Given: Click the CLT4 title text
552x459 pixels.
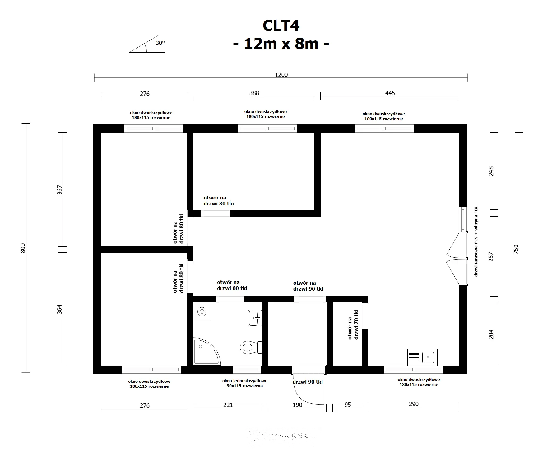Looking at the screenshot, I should [281, 26].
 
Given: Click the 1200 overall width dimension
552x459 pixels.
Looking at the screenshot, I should [281, 75].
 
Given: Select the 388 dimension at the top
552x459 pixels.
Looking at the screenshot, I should [254, 93].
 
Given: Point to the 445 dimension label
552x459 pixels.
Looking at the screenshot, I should [390, 93].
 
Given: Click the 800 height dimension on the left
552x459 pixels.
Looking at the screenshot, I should [23, 248].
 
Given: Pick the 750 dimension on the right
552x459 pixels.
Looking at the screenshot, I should [516, 249].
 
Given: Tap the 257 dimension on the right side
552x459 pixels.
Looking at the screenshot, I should [491, 257].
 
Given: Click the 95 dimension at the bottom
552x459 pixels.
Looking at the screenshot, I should [347, 405].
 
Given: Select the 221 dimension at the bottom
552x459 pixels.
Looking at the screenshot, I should [228, 405].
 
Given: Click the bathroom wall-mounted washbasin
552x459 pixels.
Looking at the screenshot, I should [255, 318].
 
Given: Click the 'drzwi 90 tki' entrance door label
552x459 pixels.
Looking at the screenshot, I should [307, 382].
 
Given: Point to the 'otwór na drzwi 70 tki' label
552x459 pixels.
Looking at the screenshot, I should [353, 325].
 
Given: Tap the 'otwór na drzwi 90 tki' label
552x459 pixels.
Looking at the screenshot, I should [308, 286].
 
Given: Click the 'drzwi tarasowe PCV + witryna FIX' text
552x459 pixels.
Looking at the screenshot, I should [476, 241].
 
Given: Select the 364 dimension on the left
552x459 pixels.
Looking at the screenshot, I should [59, 309].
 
